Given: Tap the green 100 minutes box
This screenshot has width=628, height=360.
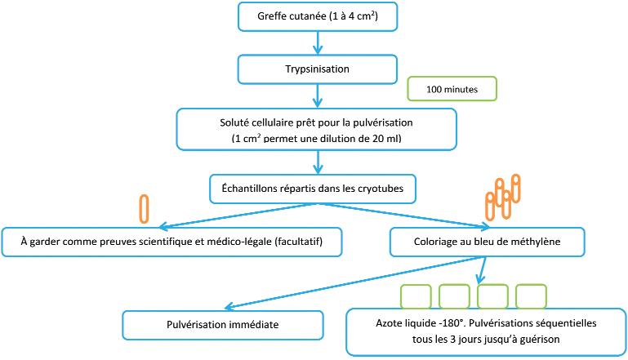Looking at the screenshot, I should click(452, 87).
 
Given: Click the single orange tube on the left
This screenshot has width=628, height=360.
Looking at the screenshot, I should click(145, 209).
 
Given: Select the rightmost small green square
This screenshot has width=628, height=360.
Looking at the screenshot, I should click(530, 295).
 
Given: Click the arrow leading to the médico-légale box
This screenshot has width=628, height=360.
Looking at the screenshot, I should click(237, 215).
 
